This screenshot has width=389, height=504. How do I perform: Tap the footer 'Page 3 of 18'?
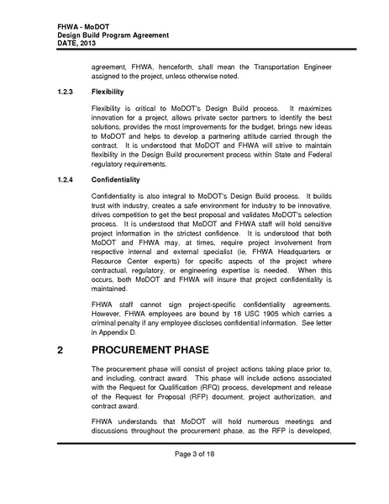[194, 478]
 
